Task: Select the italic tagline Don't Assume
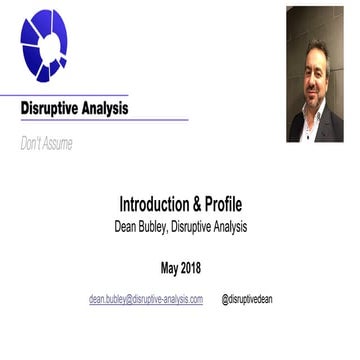[46, 144]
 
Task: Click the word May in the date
[172, 267]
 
